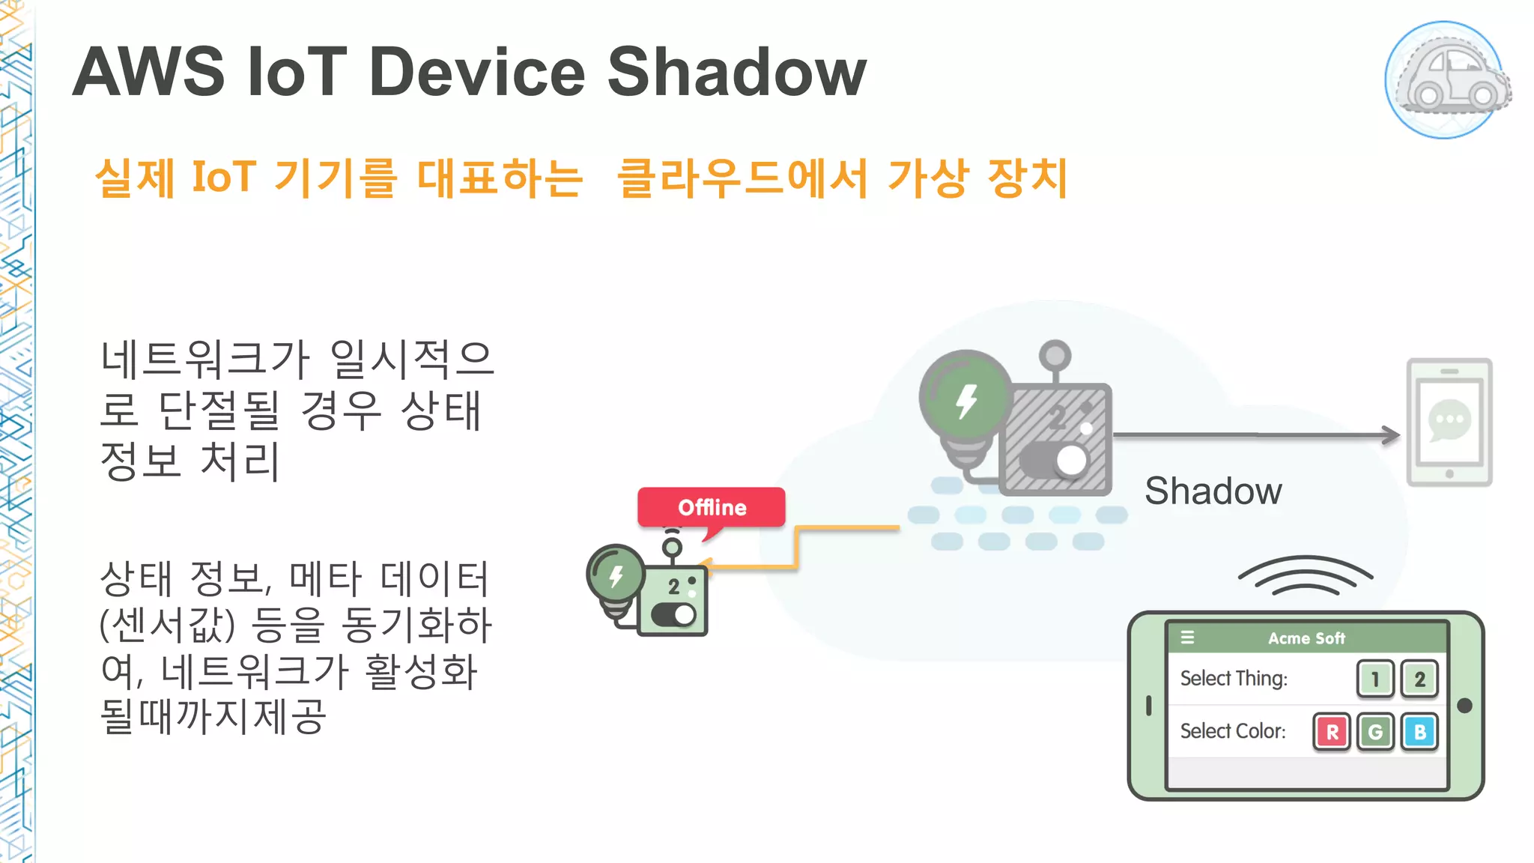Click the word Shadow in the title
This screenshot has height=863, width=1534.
pyautogui.click(x=736, y=72)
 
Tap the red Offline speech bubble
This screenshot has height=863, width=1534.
pyautogui.click(x=711, y=507)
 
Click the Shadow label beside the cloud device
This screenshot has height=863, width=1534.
pyautogui.click(x=1213, y=491)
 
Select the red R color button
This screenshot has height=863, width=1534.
pyautogui.click(x=1332, y=732)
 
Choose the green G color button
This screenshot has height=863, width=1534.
pyautogui.click(x=1375, y=732)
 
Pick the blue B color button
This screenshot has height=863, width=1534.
pyautogui.click(x=1419, y=732)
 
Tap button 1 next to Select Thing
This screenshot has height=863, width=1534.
pyautogui.click(x=1375, y=679)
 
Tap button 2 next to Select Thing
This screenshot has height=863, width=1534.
pyautogui.click(x=1419, y=679)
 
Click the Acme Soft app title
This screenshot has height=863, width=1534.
pyautogui.click(x=1306, y=638)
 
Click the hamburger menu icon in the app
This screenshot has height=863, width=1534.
pyautogui.click(x=1188, y=638)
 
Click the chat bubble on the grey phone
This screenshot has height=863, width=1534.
pyautogui.click(x=1449, y=420)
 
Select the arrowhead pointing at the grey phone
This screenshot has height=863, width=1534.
pyautogui.click(x=1392, y=434)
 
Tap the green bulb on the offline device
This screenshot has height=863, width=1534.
pyautogui.click(x=616, y=575)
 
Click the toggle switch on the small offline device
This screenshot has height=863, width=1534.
pyautogui.click(x=674, y=615)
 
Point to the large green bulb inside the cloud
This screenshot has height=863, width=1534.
pyautogui.click(x=965, y=398)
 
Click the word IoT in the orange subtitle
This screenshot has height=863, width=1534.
pyautogui.click(x=224, y=178)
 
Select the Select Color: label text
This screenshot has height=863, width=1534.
pyautogui.click(x=1233, y=731)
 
